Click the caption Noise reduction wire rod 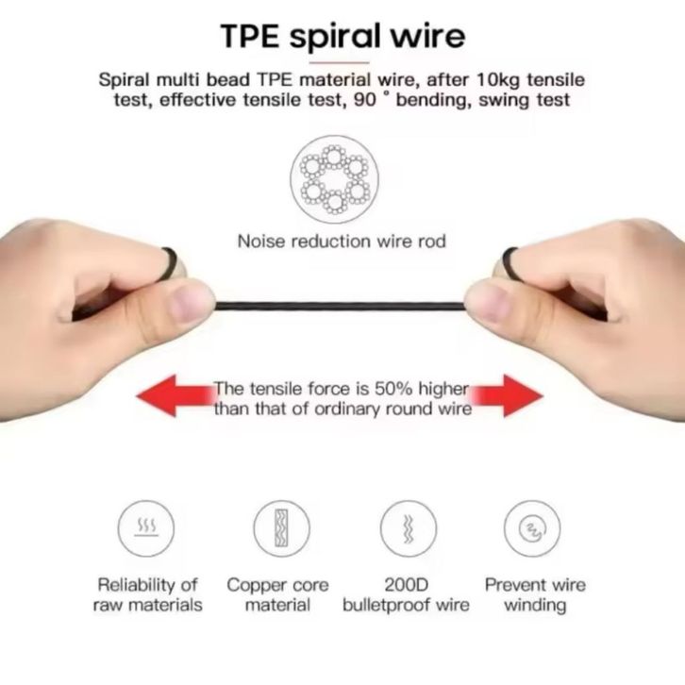tap(342, 242)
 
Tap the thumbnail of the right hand tap(487, 302)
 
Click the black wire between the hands tap(340, 305)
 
